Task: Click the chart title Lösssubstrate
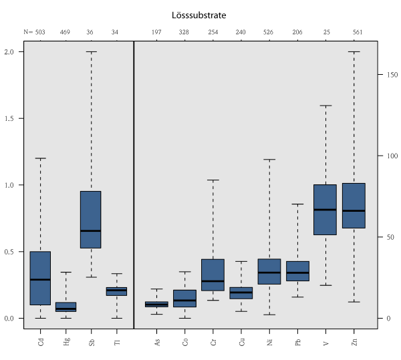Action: click(200, 14)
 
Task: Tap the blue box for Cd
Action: click(40, 278)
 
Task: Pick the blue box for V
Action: click(325, 210)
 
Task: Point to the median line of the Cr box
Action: click(213, 281)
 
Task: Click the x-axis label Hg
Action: click(66, 343)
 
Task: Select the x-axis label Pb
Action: click(297, 343)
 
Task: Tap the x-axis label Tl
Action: click(117, 343)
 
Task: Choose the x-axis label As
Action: click(157, 343)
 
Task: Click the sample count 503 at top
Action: click(40, 31)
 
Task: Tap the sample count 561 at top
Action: click(354, 31)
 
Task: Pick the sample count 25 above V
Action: click(325, 31)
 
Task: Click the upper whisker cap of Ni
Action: click(269, 160)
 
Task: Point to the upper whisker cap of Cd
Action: click(40, 158)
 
